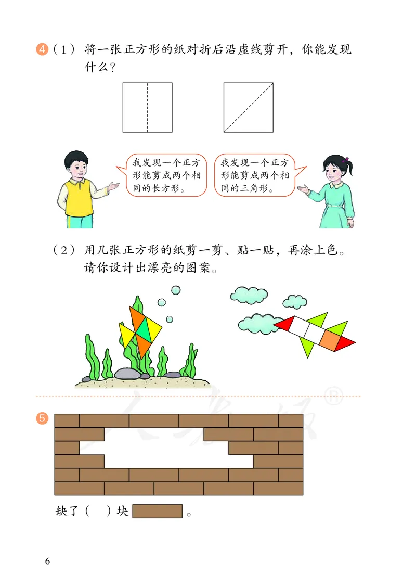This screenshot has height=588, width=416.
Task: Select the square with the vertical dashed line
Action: (148, 107)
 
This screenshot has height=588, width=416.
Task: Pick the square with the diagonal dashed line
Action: (249, 107)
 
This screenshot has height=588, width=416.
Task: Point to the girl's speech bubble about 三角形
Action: (254, 175)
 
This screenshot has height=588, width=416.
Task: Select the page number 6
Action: (47, 561)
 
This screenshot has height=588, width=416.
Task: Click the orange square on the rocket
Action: (329, 339)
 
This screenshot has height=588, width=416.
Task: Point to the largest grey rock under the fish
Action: (127, 374)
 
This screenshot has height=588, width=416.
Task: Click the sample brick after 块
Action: (158, 511)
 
